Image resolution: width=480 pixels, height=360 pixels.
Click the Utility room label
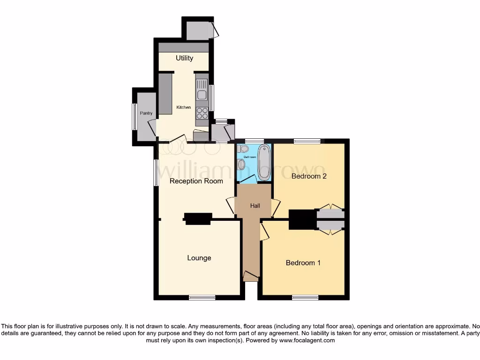click(x=184, y=58)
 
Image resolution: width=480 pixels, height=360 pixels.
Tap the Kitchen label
click(x=183, y=107)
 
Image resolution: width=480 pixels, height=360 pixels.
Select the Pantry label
click(x=146, y=113)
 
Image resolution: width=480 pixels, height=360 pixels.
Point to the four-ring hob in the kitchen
click(x=202, y=113)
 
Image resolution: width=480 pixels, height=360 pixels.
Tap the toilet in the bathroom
click(x=243, y=149)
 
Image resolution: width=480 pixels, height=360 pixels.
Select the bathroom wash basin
click(x=241, y=164)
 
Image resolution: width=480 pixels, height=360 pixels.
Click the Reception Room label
click(x=196, y=181)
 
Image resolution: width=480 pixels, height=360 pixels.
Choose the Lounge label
click(x=199, y=258)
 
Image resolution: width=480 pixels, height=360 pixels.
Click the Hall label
click(x=255, y=205)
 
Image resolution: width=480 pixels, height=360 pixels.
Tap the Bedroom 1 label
click(x=303, y=262)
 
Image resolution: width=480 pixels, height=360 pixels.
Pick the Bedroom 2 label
click(x=308, y=176)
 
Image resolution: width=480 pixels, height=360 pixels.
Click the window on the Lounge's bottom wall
click(x=202, y=297)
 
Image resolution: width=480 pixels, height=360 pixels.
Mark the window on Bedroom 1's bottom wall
click(x=305, y=297)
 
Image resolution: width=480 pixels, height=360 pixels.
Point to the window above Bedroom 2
click(x=307, y=141)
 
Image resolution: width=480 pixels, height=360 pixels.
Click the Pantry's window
click(x=134, y=116)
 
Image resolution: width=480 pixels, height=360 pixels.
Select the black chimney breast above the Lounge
click(x=198, y=218)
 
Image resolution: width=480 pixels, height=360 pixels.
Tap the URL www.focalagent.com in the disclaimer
click(x=307, y=341)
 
